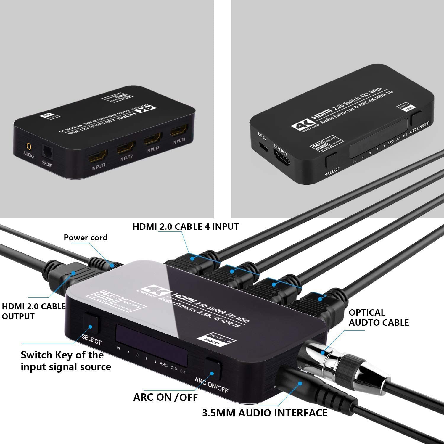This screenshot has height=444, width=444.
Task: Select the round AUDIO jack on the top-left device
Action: (29, 146)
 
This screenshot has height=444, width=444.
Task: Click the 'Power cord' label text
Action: (86, 237)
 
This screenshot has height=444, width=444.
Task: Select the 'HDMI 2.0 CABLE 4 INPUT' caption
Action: (186, 227)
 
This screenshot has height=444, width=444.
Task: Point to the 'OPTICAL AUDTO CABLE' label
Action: (379, 318)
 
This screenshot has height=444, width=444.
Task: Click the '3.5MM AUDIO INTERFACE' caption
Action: (265, 413)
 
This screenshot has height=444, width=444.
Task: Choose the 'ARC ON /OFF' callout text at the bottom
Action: (165, 397)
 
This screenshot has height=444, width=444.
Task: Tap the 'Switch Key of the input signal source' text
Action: (66, 361)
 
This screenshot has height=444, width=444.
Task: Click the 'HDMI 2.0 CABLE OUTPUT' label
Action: (34, 311)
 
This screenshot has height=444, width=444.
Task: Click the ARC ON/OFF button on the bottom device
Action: (213, 368)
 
